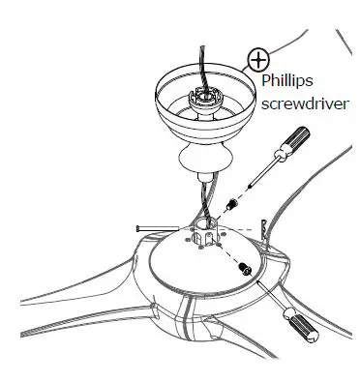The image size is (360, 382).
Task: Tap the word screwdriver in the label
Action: [302, 103]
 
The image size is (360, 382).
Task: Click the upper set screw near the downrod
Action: [231, 206]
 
